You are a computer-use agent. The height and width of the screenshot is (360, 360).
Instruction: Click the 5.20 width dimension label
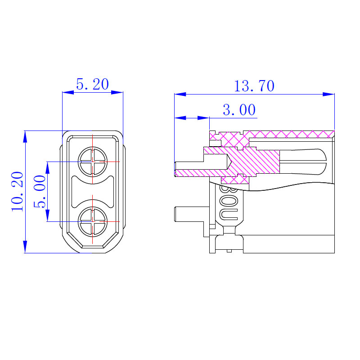[x=92, y=84]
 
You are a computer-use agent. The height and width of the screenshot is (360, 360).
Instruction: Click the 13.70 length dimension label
[x=254, y=86]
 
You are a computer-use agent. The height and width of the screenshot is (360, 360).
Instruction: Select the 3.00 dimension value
[x=239, y=110]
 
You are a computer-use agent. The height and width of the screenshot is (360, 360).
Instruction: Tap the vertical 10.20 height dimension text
[x=17, y=192]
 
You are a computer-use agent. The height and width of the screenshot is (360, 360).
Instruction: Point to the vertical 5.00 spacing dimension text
[x=40, y=192]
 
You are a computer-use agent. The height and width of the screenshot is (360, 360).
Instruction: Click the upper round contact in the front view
[x=93, y=162]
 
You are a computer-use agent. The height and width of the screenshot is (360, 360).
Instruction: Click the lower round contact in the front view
[x=93, y=221]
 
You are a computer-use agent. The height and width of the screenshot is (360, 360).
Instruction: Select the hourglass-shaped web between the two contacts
[x=93, y=192]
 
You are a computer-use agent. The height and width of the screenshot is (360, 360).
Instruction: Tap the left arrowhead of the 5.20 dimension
[x=68, y=92]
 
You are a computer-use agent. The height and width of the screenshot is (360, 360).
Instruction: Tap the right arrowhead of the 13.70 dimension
[x=329, y=94]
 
